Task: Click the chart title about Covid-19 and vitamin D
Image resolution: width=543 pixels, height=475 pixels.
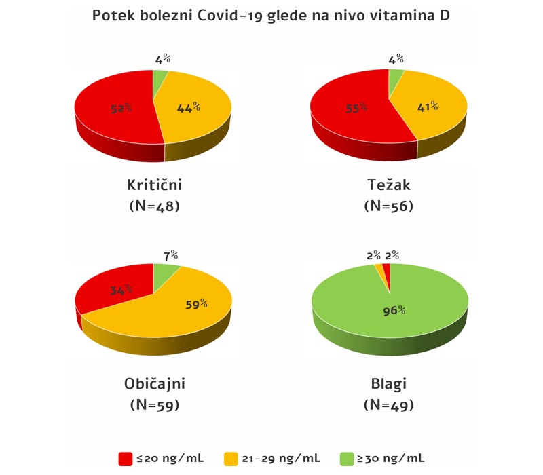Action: pos(271,15)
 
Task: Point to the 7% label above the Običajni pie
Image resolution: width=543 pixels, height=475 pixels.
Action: pos(170,255)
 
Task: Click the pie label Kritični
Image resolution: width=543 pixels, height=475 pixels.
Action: pos(154,185)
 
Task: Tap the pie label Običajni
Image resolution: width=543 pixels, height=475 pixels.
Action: pos(155,384)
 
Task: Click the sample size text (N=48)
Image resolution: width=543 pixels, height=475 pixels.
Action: pos(154,206)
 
